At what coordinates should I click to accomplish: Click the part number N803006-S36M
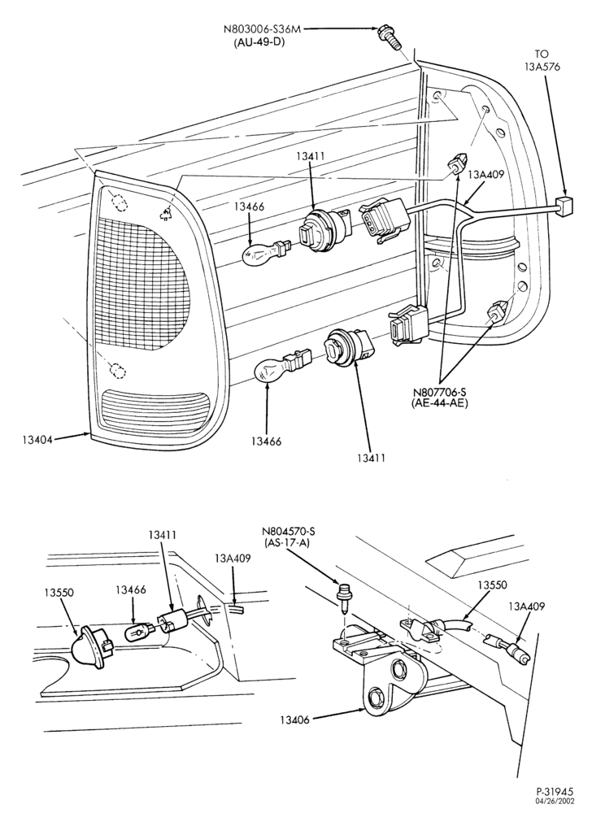click(x=261, y=30)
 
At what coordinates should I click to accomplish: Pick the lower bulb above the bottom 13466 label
click(x=280, y=367)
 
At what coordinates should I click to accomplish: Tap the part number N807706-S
click(x=440, y=393)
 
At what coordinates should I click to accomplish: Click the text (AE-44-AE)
click(x=440, y=403)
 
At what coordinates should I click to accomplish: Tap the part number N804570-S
click(x=289, y=532)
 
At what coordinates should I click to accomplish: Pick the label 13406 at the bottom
click(x=295, y=720)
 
